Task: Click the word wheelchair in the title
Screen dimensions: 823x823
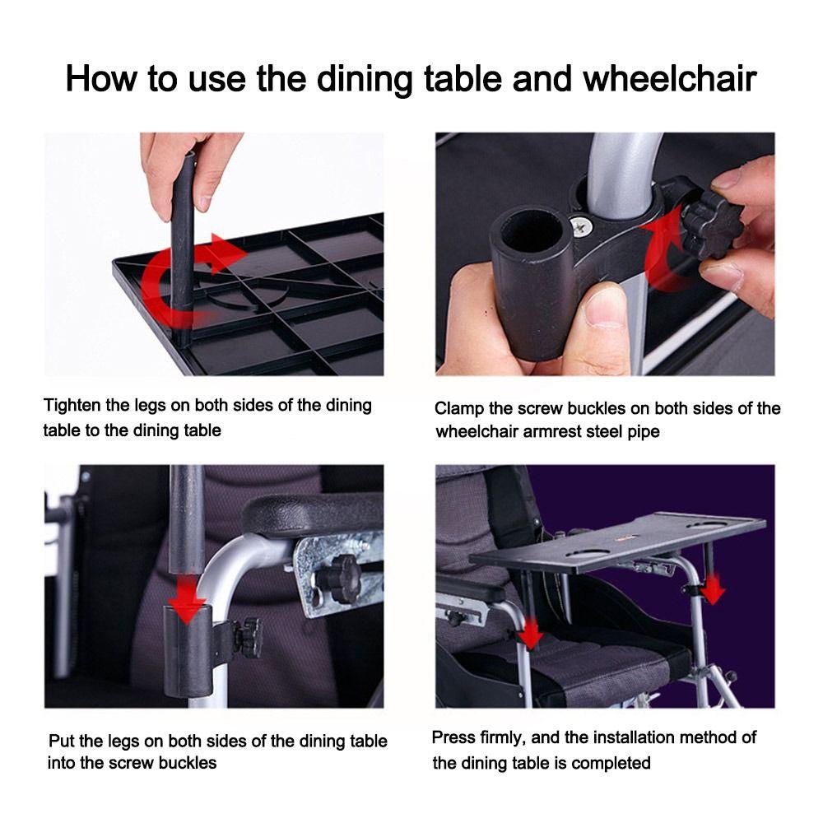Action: click(670, 79)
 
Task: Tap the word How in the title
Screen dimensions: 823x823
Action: click(100, 79)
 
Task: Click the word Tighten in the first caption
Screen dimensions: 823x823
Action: click(72, 406)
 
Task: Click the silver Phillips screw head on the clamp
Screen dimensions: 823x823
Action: click(582, 226)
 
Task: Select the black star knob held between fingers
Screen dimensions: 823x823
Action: click(711, 226)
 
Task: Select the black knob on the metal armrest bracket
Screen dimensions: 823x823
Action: click(336, 579)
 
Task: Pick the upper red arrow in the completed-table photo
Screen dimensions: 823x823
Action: click(713, 589)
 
